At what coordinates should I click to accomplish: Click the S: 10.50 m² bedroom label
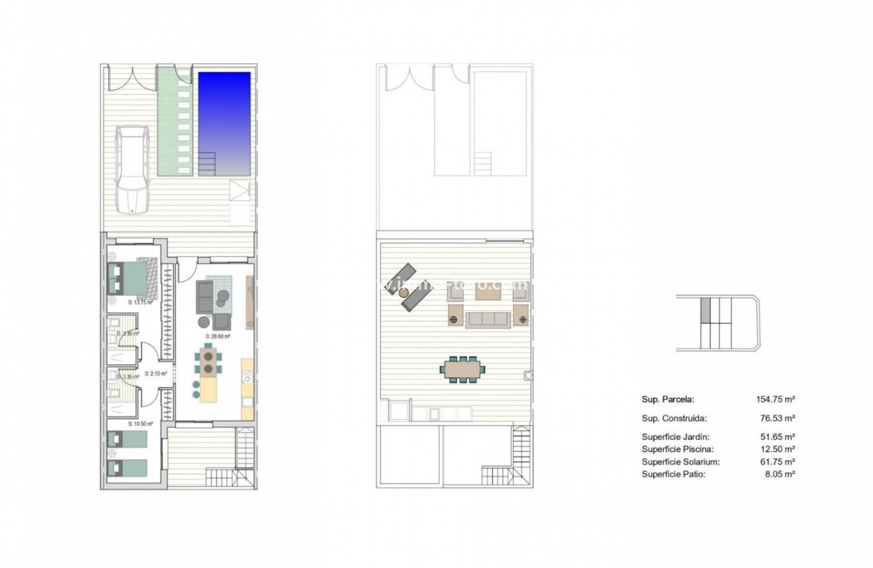click(140, 424)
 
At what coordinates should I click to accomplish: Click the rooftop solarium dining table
click(463, 368)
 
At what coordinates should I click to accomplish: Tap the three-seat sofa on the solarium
click(488, 319)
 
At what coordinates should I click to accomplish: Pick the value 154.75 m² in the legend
click(775, 399)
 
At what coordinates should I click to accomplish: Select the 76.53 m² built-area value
click(778, 418)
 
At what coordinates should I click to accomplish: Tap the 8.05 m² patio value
click(780, 474)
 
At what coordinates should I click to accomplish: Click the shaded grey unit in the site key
click(705, 309)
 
